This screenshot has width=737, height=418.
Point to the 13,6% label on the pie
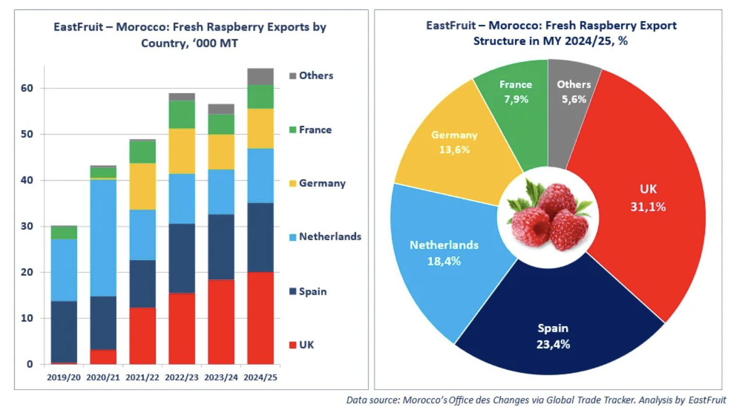(x=454, y=150)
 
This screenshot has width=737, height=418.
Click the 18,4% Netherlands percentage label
(x=444, y=261)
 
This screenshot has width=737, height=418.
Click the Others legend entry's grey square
(x=293, y=76)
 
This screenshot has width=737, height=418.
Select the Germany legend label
(x=322, y=183)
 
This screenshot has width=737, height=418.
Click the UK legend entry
(x=306, y=345)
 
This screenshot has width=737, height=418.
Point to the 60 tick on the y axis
(x=27, y=88)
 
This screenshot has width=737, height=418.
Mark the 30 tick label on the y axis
(x=27, y=226)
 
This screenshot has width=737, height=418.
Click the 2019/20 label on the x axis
(x=63, y=378)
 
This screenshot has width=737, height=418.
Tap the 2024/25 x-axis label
(x=261, y=378)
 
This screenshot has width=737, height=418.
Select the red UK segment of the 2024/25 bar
(x=261, y=318)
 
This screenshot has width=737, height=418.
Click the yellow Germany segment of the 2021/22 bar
(x=143, y=186)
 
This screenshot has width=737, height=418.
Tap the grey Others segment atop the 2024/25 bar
(x=261, y=76)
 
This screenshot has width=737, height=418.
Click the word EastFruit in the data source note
(x=707, y=400)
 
